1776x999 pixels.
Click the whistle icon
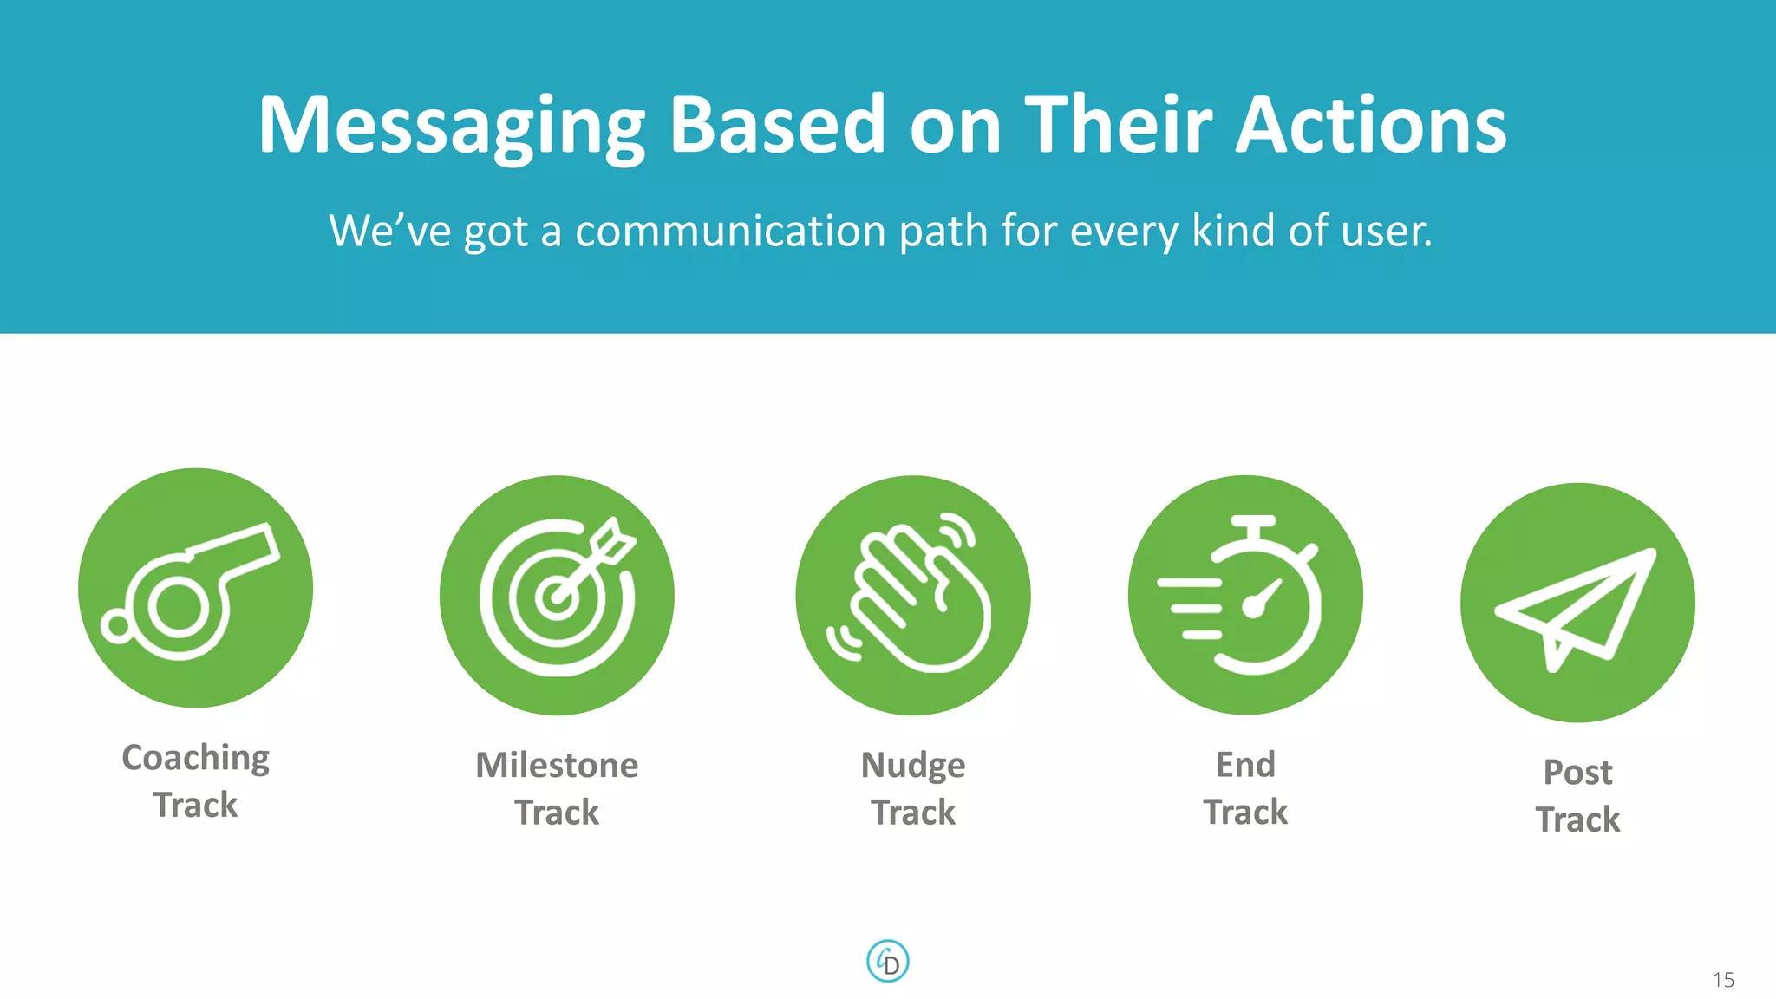point(195,589)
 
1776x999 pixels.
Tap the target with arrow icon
point(557,596)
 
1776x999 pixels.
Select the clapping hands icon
point(912,596)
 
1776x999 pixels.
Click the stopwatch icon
point(1245,596)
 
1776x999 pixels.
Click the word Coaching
point(196,759)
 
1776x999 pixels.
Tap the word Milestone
point(557,766)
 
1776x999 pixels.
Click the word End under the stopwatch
point(1245,765)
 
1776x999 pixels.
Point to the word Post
point(1577,773)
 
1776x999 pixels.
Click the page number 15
point(1723,980)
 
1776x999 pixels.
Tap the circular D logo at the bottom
point(888,962)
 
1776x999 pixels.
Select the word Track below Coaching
point(196,806)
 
